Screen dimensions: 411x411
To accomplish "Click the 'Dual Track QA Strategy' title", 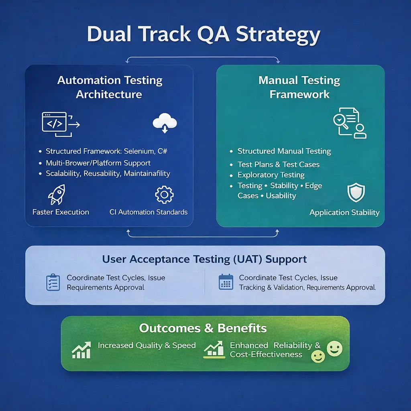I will pyautogui.click(x=203, y=35).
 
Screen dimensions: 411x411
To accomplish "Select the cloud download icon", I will pyautogui.click(x=165, y=122).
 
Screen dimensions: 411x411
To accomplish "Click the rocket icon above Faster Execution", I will pyautogui.click(x=56, y=195).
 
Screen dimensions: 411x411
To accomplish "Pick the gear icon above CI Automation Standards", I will pyautogui.click(x=164, y=195).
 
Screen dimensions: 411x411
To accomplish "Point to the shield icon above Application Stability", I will pyautogui.click(x=355, y=193).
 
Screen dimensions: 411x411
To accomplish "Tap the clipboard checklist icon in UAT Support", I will pyautogui.click(x=53, y=282).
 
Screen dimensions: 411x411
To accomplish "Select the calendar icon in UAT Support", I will pyautogui.click(x=226, y=282).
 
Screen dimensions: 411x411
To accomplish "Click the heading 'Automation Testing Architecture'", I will pyautogui.click(x=109, y=87).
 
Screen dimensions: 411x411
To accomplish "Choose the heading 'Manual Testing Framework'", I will pyautogui.click(x=299, y=87).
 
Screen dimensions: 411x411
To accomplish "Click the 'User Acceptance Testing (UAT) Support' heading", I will pyautogui.click(x=204, y=259).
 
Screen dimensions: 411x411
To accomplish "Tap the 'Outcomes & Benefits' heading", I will pyautogui.click(x=203, y=328).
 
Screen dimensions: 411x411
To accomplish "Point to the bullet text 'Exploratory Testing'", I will pyautogui.click(x=271, y=175).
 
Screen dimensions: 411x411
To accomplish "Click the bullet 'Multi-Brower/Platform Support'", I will pyautogui.click(x=98, y=163).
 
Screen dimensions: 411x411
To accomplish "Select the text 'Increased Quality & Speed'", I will pyautogui.click(x=146, y=346).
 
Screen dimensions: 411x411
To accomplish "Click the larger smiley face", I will pyautogui.click(x=335, y=348).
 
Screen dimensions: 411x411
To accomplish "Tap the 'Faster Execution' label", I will pyautogui.click(x=61, y=212).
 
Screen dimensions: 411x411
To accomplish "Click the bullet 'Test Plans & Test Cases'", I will pyautogui.click(x=279, y=165).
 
